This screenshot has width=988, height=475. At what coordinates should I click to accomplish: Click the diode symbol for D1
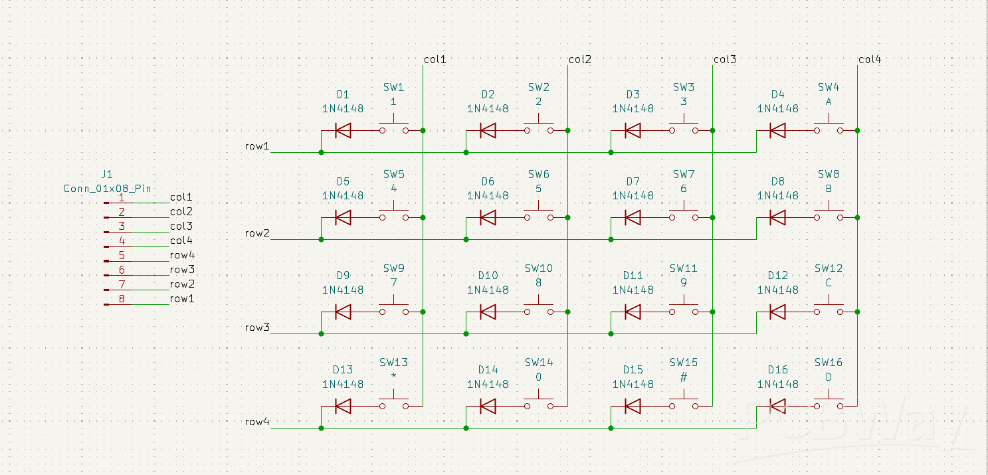tap(343, 131)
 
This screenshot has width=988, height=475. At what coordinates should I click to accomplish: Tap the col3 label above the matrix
tap(725, 59)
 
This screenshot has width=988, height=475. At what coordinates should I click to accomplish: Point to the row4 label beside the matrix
tap(257, 422)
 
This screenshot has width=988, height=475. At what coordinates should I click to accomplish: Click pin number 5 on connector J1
tap(122, 255)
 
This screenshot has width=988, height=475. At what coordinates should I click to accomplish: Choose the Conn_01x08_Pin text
tap(107, 188)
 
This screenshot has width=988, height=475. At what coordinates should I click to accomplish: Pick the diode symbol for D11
tap(633, 312)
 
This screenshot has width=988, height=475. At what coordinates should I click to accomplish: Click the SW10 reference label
tap(539, 268)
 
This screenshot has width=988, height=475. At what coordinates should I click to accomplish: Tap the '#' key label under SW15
tap(684, 377)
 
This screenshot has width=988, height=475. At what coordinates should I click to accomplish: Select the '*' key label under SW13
tap(393, 376)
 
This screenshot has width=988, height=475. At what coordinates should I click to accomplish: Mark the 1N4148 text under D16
tap(777, 384)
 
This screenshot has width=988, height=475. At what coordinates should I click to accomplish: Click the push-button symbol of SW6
tap(539, 213)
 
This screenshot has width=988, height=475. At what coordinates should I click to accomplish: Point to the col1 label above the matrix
tap(435, 59)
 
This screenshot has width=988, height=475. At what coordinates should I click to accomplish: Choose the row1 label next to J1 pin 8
tap(182, 298)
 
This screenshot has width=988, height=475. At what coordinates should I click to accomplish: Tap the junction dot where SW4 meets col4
tap(858, 131)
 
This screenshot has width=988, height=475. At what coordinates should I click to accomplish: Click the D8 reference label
tap(778, 181)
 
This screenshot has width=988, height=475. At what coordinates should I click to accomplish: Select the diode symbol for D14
tap(488, 406)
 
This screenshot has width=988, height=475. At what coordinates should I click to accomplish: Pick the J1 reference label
tap(107, 174)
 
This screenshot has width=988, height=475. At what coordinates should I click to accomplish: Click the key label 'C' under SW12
tap(829, 283)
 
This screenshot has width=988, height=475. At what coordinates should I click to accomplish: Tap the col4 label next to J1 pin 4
tap(181, 240)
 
